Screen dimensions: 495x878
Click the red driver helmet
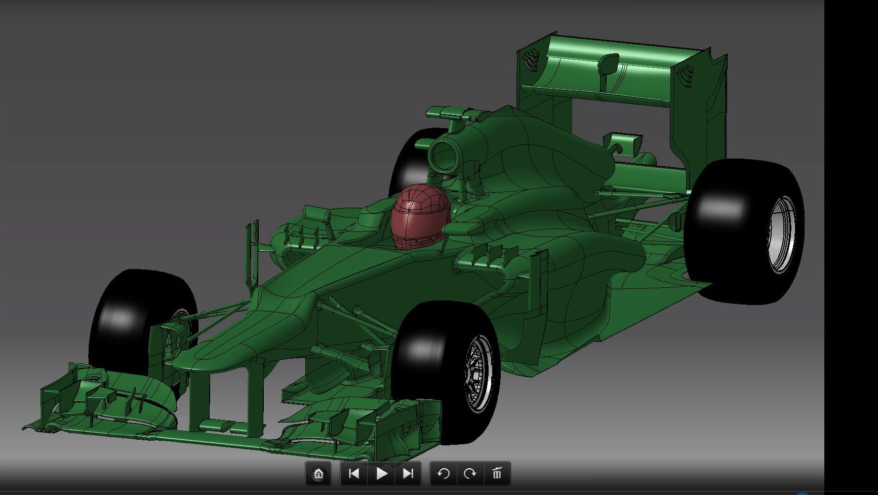pos(419,216)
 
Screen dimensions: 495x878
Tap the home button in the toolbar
pos(318,474)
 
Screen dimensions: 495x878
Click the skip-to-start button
pos(354,474)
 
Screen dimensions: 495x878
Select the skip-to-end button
pos(408,474)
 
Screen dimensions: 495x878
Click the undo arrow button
pos(443,474)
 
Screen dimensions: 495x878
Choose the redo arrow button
pos(470,474)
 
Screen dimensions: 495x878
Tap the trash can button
pos(497,474)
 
